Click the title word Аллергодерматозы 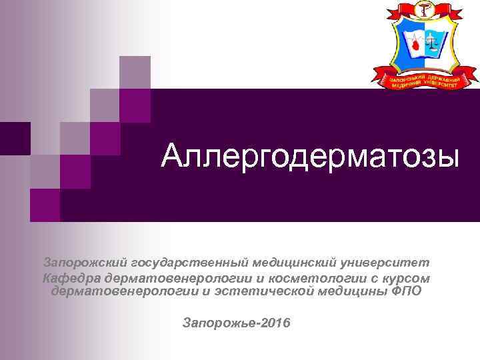tap(311, 157)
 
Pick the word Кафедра tap(69, 278)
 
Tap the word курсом tap(407, 278)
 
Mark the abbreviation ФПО tap(407, 291)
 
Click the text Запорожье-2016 tap(236, 323)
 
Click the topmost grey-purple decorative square tap(134, 71)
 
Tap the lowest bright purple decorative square tap(45, 204)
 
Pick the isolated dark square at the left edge tap(15, 138)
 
